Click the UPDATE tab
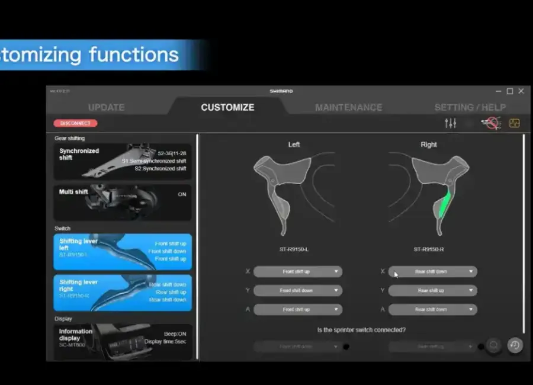click(x=106, y=107)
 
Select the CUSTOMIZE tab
click(x=227, y=107)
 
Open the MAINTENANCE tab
click(x=348, y=107)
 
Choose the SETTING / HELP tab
click(x=470, y=107)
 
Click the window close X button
click(x=521, y=91)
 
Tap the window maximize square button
click(x=510, y=91)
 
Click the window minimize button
click(x=498, y=91)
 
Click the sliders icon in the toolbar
click(x=450, y=123)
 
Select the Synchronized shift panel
click(x=123, y=161)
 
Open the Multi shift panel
click(x=123, y=202)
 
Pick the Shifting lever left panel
click(x=123, y=251)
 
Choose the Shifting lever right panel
click(x=123, y=292)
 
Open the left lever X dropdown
click(x=297, y=272)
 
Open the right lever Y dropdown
click(x=432, y=291)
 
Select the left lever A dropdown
click(x=297, y=310)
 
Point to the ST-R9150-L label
click(x=294, y=249)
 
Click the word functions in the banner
click(x=134, y=55)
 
